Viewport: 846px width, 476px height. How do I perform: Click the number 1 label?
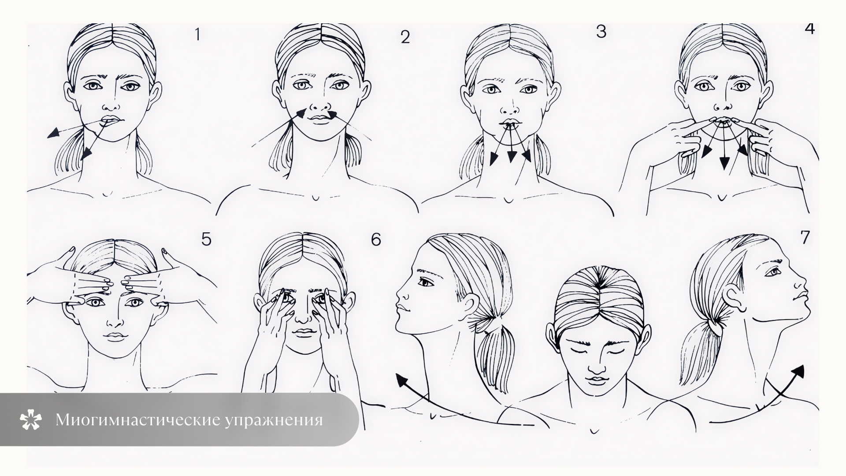coord(197,34)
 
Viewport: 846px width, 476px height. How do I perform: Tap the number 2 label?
coord(405,37)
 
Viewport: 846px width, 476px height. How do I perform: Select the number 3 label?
coord(601,32)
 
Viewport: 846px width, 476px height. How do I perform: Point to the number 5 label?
coord(206,239)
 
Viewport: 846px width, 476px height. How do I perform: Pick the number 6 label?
coord(376,239)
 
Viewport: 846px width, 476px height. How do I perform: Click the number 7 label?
coord(805,237)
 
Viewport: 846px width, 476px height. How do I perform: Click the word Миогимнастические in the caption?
coord(137,420)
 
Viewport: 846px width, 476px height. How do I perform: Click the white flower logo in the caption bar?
coord(31,420)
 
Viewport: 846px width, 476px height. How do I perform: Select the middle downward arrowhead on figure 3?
coord(511,156)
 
